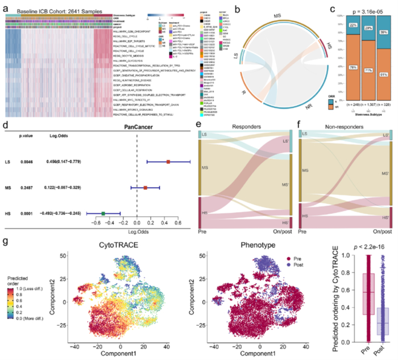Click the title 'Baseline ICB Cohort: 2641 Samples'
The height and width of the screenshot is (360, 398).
[x=51, y=6]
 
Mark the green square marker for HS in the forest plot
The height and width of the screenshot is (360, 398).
[x=103, y=213]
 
